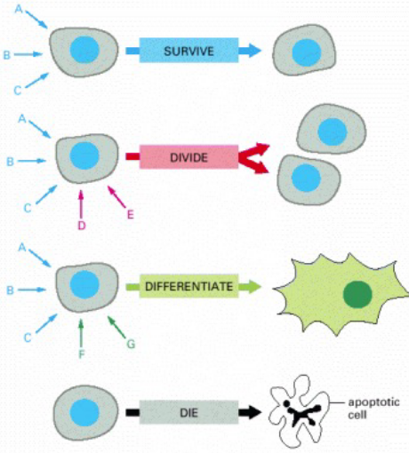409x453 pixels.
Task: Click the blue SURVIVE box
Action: pyautogui.click(x=188, y=50)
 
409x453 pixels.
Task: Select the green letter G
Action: pyautogui.click(x=131, y=344)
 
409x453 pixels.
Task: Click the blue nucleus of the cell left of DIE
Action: pyautogui.click(x=85, y=413)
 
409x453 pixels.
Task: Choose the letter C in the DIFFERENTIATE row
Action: pyautogui.click(x=28, y=337)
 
